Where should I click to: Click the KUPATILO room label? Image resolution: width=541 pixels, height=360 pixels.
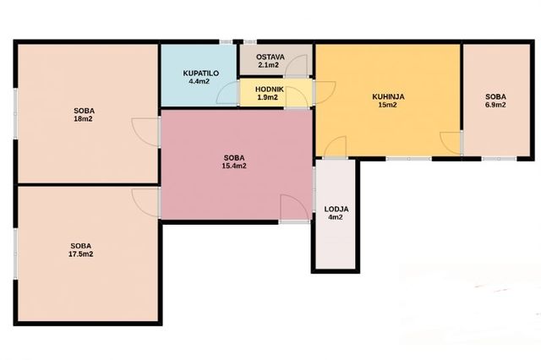[201, 74]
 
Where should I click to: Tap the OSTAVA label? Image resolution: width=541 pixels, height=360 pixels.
[270, 57]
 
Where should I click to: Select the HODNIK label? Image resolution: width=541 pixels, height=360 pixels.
[270, 90]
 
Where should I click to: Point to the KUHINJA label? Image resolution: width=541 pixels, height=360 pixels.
[388, 97]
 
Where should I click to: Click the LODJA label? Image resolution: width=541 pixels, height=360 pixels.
[336, 210]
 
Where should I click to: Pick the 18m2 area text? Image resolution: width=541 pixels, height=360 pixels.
[83, 119]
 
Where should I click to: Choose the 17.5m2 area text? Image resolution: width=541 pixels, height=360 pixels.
[81, 254]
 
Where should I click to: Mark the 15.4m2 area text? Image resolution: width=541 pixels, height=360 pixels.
[234, 166]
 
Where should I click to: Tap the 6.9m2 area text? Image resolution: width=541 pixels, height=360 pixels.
[495, 105]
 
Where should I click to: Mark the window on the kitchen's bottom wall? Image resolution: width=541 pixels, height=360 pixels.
[408, 159]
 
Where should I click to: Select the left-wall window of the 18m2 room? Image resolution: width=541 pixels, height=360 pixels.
[15, 114]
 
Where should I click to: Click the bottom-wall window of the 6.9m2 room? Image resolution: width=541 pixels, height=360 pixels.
[499, 159]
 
